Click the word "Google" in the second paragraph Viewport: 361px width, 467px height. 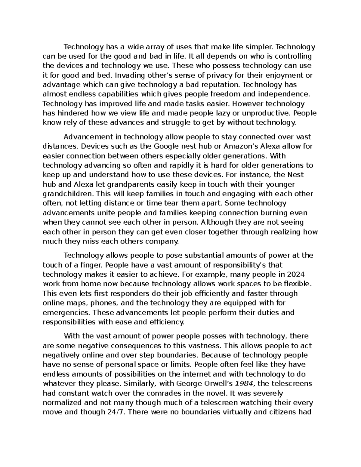tap(165, 146)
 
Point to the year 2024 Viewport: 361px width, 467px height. tap(296, 274)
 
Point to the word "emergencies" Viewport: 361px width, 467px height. tap(65, 312)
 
